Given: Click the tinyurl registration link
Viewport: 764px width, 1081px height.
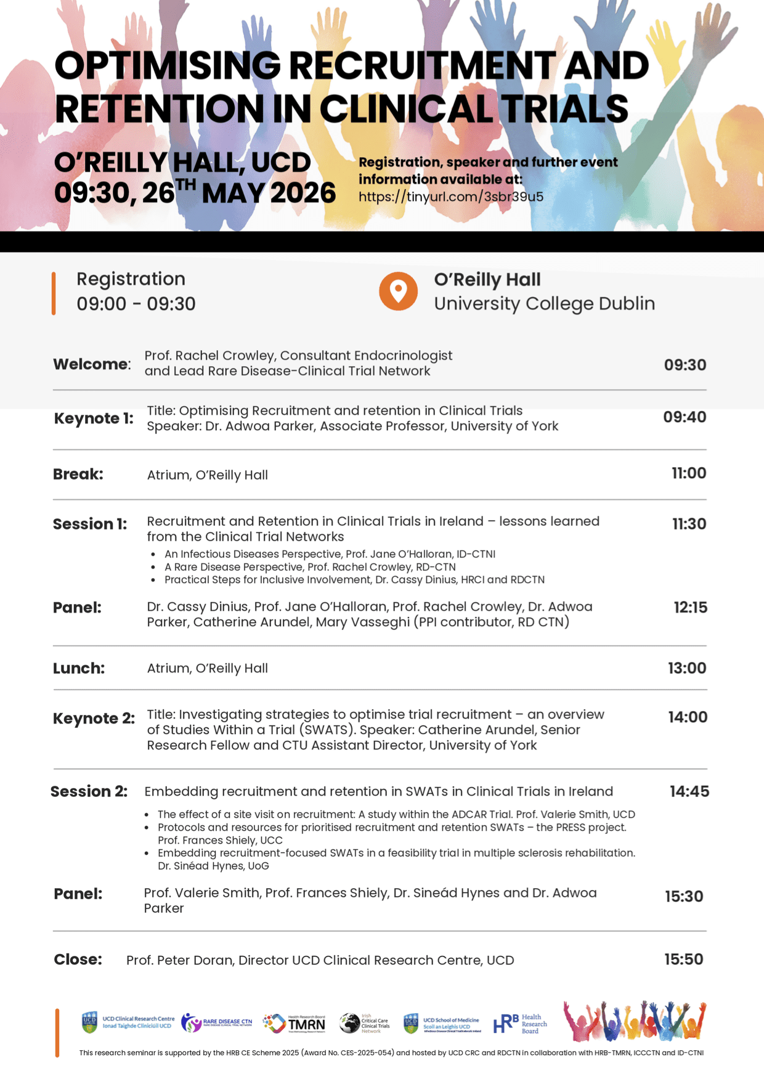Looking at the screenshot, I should click(x=451, y=197).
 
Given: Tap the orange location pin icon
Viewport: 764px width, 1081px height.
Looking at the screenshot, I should click(x=398, y=291).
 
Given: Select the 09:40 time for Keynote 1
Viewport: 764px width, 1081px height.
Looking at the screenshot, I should click(x=685, y=417).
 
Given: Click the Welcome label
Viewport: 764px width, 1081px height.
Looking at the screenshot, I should click(x=92, y=364).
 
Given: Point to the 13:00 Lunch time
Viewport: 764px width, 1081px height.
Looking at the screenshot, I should click(x=687, y=668).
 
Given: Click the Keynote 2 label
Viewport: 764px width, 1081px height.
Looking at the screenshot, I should click(x=94, y=719).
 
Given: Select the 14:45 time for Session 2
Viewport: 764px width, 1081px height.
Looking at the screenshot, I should click(x=689, y=791).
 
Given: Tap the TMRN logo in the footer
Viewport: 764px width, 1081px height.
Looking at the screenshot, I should click(x=294, y=1023).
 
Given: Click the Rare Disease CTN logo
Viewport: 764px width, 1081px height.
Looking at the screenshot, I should click(x=217, y=1022).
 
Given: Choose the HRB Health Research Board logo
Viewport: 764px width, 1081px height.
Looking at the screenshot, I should click(x=520, y=1024).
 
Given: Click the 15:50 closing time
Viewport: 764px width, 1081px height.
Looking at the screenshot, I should click(x=683, y=960).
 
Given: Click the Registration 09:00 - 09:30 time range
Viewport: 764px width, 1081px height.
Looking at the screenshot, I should click(x=136, y=304).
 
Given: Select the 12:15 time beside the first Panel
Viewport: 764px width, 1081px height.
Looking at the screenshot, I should click(x=690, y=608).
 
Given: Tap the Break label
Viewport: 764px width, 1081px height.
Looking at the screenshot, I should click(x=78, y=475).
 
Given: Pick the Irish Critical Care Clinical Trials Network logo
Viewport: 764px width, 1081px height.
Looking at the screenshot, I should click(x=365, y=1023).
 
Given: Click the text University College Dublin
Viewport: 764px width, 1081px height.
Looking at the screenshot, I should click(x=544, y=304).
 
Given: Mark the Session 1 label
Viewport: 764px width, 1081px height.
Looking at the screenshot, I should click(x=90, y=524).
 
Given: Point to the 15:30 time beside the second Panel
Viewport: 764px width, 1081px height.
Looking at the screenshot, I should click(x=684, y=897).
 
